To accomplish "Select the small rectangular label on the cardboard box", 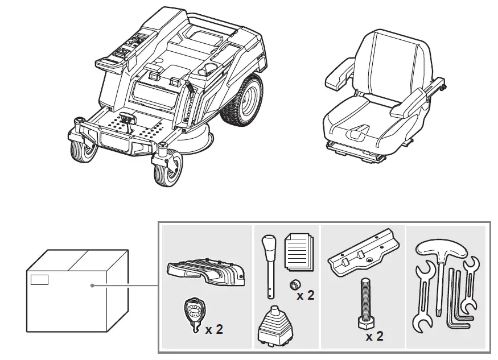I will tap(39, 279).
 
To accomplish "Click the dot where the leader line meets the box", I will tap(93, 286).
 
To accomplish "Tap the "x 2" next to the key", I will tap(214, 329).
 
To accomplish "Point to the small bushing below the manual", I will tap(295, 284).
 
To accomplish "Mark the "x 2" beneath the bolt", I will tap(374, 336).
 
